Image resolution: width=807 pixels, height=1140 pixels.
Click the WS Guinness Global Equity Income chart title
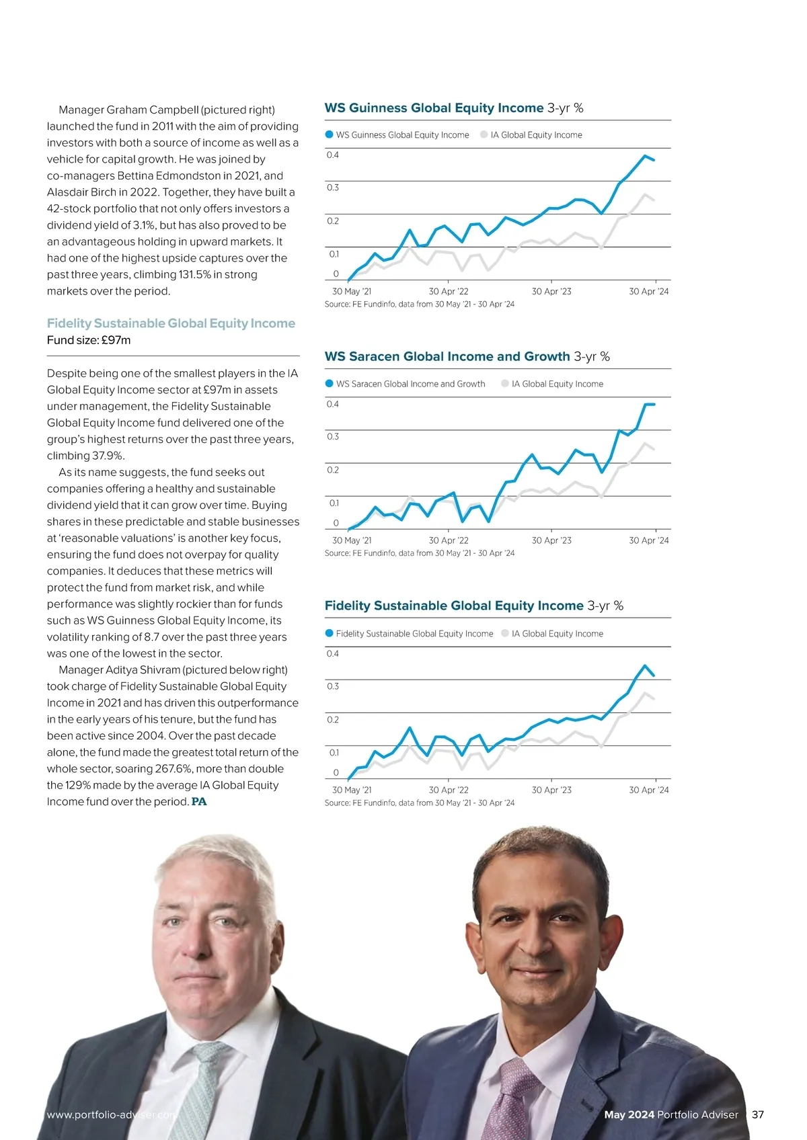pyautogui.click(x=434, y=108)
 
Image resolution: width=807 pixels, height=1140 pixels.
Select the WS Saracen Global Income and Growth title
pyautogui.click(x=447, y=357)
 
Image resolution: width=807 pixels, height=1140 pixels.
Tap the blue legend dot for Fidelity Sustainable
pyautogui.click(x=330, y=633)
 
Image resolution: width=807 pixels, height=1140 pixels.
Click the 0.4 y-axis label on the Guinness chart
pyautogui.click(x=333, y=155)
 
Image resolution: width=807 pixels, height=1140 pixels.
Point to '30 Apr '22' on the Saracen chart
pyautogui.click(x=449, y=540)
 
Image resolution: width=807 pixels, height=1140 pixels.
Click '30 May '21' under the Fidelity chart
pyautogui.click(x=352, y=790)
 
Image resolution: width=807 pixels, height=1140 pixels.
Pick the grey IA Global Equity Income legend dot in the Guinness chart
pyautogui.click(x=484, y=134)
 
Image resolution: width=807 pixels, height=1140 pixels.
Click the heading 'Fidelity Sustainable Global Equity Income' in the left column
pyautogui.click(x=171, y=323)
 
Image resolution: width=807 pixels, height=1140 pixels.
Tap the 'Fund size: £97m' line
pyautogui.click(x=89, y=340)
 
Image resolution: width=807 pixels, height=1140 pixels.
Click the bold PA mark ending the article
pyautogui.click(x=199, y=802)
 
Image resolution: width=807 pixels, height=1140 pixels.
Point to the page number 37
pyautogui.click(x=758, y=1114)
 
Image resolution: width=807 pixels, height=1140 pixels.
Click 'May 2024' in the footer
pyautogui.click(x=629, y=1114)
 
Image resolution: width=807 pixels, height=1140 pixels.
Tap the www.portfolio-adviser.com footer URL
pyautogui.click(x=112, y=1114)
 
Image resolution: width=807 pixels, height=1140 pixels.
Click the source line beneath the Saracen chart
pyautogui.click(x=419, y=553)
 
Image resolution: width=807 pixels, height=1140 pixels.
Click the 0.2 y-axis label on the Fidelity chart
pyautogui.click(x=333, y=720)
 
